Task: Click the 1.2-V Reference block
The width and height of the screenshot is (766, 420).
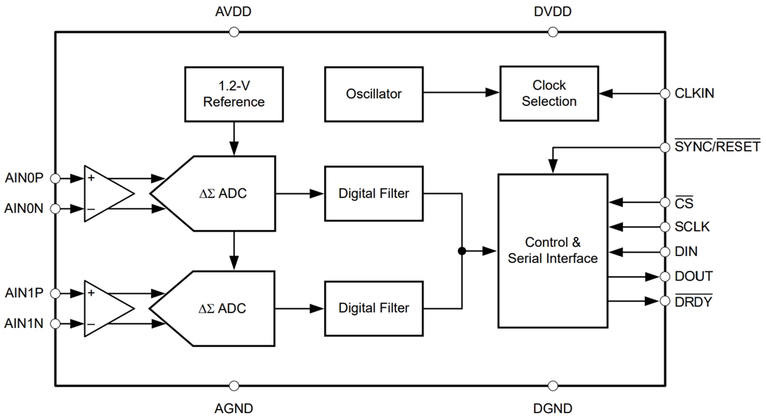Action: (233, 93)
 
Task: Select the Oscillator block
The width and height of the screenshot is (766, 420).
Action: (374, 93)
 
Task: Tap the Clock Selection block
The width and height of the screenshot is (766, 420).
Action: (549, 93)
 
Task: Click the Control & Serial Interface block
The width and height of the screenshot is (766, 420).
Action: (553, 250)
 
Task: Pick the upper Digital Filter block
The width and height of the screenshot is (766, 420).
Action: (374, 193)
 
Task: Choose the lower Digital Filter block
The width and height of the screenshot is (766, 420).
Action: (374, 308)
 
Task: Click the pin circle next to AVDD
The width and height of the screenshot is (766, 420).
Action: (233, 31)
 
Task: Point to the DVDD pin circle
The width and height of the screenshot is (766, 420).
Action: (553, 31)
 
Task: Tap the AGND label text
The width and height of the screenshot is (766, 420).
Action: (233, 408)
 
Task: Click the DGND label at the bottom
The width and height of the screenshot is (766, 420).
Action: (553, 408)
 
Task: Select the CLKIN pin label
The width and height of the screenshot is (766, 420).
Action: (694, 93)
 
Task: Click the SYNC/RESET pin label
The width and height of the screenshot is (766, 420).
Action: (717, 147)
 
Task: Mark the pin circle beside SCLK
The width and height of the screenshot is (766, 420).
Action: (664, 227)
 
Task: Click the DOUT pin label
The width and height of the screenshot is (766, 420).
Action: (694, 276)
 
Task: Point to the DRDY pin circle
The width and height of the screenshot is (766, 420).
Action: (664, 301)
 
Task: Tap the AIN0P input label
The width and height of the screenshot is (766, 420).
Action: (24, 178)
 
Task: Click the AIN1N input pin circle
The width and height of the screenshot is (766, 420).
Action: (56, 324)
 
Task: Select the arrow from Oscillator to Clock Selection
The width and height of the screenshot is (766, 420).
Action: (461, 93)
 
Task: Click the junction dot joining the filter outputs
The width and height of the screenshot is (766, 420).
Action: (461, 250)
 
